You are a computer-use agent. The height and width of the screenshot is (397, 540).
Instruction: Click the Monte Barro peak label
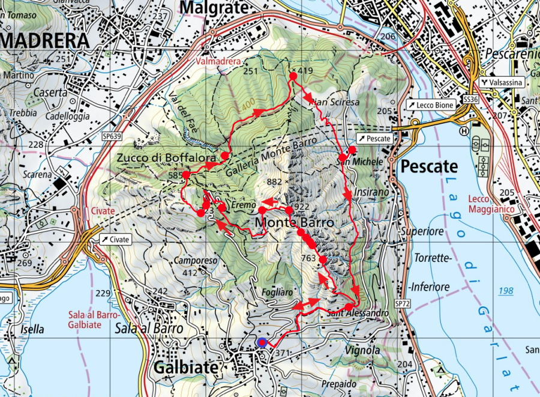[x=294, y=222]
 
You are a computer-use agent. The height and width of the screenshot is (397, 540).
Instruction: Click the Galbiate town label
[x=184, y=368]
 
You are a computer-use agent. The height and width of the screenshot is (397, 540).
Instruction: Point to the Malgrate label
[x=213, y=7]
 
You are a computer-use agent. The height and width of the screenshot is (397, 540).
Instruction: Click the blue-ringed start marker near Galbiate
[x=262, y=343]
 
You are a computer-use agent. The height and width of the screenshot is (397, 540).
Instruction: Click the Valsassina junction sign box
[x=502, y=82]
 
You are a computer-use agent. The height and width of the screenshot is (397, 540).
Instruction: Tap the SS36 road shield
[x=470, y=98]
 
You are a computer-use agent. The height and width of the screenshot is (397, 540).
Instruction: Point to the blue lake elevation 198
[x=506, y=291]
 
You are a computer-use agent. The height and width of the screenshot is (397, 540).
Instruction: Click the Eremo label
[x=244, y=205]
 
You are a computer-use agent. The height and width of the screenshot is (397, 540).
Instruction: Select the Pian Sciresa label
[x=334, y=102]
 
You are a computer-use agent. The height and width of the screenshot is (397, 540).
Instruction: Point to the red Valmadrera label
[x=218, y=61]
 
